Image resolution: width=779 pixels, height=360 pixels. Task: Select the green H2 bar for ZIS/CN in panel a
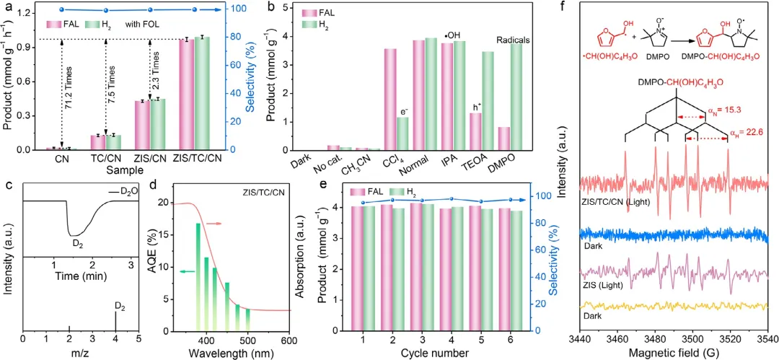pyautogui.click(x=157, y=124)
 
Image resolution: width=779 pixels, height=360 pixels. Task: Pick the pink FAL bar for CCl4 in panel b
pyautogui.click(x=389, y=100)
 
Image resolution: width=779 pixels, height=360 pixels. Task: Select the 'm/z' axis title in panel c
pyautogui.click(x=79, y=354)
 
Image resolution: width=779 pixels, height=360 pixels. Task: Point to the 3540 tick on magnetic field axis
pyautogui.click(x=768, y=338)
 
